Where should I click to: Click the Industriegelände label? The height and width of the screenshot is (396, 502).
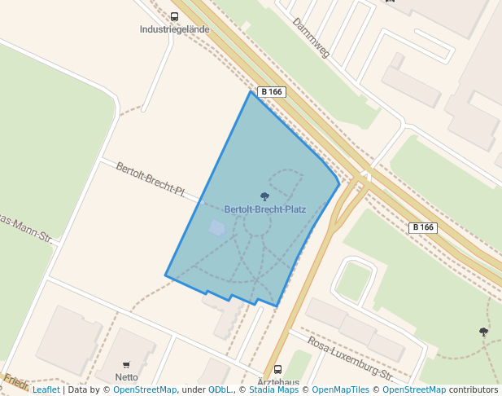tap(175, 29)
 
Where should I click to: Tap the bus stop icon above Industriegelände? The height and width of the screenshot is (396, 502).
tap(175, 16)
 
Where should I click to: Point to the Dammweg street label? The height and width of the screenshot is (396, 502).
tap(311, 37)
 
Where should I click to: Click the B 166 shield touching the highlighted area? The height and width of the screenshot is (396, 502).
tap(271, 92)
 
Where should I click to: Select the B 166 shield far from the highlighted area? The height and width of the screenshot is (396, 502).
tap(422, 227)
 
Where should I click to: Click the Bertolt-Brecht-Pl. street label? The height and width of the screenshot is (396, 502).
tap(151, 180)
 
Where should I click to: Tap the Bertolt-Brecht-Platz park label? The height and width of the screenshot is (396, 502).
tap(265, 209)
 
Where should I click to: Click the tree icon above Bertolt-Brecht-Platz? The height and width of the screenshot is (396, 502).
tap(264, 196)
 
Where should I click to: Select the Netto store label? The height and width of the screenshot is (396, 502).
tap(126, 377)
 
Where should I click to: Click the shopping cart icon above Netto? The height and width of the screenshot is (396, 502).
tap(126, 365)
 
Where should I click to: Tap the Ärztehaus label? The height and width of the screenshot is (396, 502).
tap(278, 381)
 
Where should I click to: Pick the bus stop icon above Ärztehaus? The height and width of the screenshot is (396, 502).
tap(278, 369)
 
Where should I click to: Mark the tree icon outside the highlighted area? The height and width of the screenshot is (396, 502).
tap(484, 332)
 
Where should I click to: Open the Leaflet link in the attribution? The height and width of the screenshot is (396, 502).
tap(46, 390)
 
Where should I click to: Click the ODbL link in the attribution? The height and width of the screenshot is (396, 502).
tap(220, 390)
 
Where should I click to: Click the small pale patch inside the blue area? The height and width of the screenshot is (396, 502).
tap(216, 227)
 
